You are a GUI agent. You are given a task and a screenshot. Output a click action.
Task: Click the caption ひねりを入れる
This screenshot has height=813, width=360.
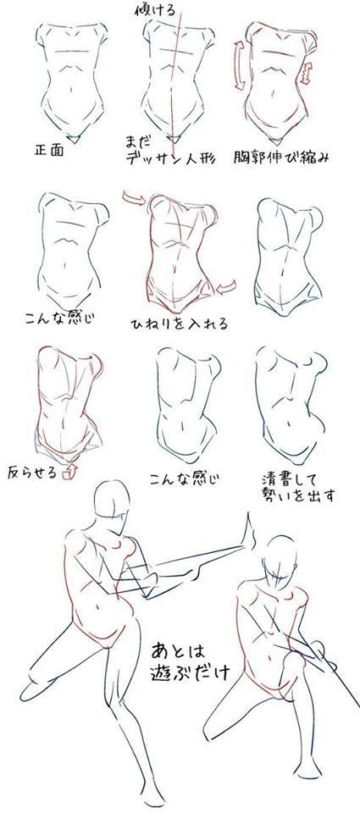[179, 324]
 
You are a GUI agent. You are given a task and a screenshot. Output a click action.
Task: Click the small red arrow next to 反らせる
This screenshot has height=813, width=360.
[72, 466]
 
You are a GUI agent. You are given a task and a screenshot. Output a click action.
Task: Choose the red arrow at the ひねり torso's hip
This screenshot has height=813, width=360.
[226, 289]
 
